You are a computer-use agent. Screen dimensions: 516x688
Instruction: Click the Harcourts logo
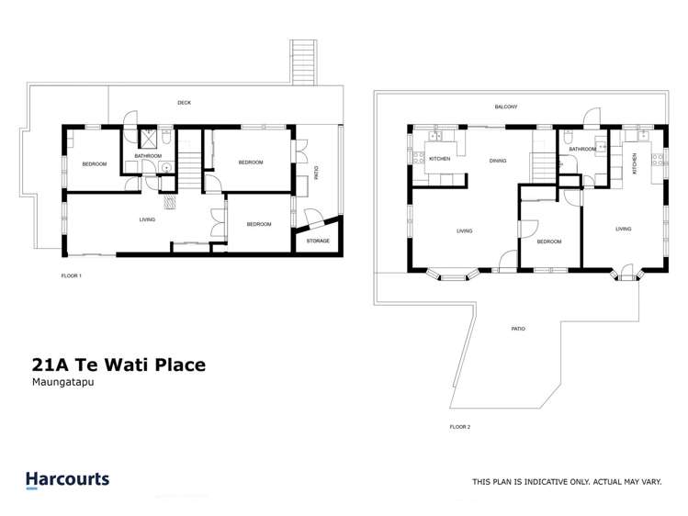67,479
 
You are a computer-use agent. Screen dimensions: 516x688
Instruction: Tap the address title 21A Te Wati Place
115,365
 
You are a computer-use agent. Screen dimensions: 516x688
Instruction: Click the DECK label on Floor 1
184,103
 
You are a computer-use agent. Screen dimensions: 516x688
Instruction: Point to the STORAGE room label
318,241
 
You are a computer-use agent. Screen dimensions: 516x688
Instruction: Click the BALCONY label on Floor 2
506,107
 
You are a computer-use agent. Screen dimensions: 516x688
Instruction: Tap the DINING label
497,161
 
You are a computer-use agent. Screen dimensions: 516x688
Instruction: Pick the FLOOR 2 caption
459,427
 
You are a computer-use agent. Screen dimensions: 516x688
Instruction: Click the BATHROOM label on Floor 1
148,156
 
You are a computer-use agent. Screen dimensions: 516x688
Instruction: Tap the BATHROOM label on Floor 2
582,149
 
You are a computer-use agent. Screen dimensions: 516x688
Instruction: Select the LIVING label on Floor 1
147,219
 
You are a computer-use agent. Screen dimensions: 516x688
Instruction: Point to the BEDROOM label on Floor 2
549,241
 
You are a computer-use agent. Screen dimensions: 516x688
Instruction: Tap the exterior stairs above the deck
302,63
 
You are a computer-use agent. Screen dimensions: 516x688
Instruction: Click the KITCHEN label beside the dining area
439,161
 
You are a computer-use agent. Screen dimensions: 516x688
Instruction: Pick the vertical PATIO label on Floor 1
317,172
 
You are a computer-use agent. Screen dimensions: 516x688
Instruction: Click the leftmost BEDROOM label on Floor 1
94,164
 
